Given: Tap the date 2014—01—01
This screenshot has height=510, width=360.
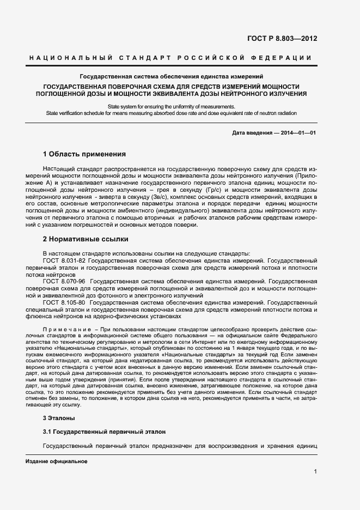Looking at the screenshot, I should (x=298, y=133).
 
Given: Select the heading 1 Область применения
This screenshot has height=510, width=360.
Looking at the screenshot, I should (x=84, y=154).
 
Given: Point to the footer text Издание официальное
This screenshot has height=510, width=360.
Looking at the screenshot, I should (x=57, y=462).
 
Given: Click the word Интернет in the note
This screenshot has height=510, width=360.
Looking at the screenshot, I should (x=209, y=342).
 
